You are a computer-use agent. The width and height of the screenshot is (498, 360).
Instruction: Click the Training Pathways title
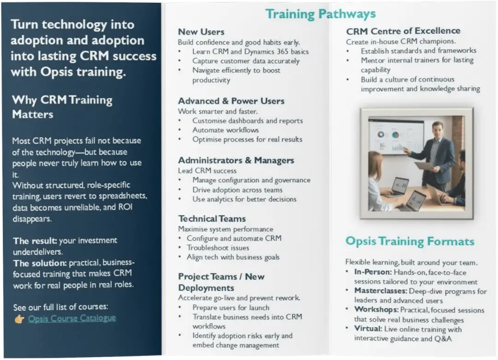320,14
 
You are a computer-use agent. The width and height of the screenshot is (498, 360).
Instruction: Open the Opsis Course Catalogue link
72,318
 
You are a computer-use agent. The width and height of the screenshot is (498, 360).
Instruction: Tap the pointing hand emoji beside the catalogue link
19,319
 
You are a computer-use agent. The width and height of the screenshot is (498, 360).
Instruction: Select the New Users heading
201,32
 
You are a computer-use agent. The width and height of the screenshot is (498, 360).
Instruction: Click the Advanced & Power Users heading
231,101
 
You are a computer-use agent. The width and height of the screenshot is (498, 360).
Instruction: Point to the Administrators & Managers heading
236,160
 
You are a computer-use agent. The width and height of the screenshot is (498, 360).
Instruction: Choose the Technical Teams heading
212,219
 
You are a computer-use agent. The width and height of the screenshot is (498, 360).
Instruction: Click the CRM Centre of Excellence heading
403,31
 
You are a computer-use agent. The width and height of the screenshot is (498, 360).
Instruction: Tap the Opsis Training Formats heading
409,241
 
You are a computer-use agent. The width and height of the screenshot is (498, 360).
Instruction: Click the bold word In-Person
373,272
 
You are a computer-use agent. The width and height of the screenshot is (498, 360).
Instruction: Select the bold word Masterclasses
380,291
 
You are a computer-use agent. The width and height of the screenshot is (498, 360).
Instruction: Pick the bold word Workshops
376,310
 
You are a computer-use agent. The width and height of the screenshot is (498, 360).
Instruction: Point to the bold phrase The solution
40,263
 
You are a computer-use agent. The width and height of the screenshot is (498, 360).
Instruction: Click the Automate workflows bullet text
225,130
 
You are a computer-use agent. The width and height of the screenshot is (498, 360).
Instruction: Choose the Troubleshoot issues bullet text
218,248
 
